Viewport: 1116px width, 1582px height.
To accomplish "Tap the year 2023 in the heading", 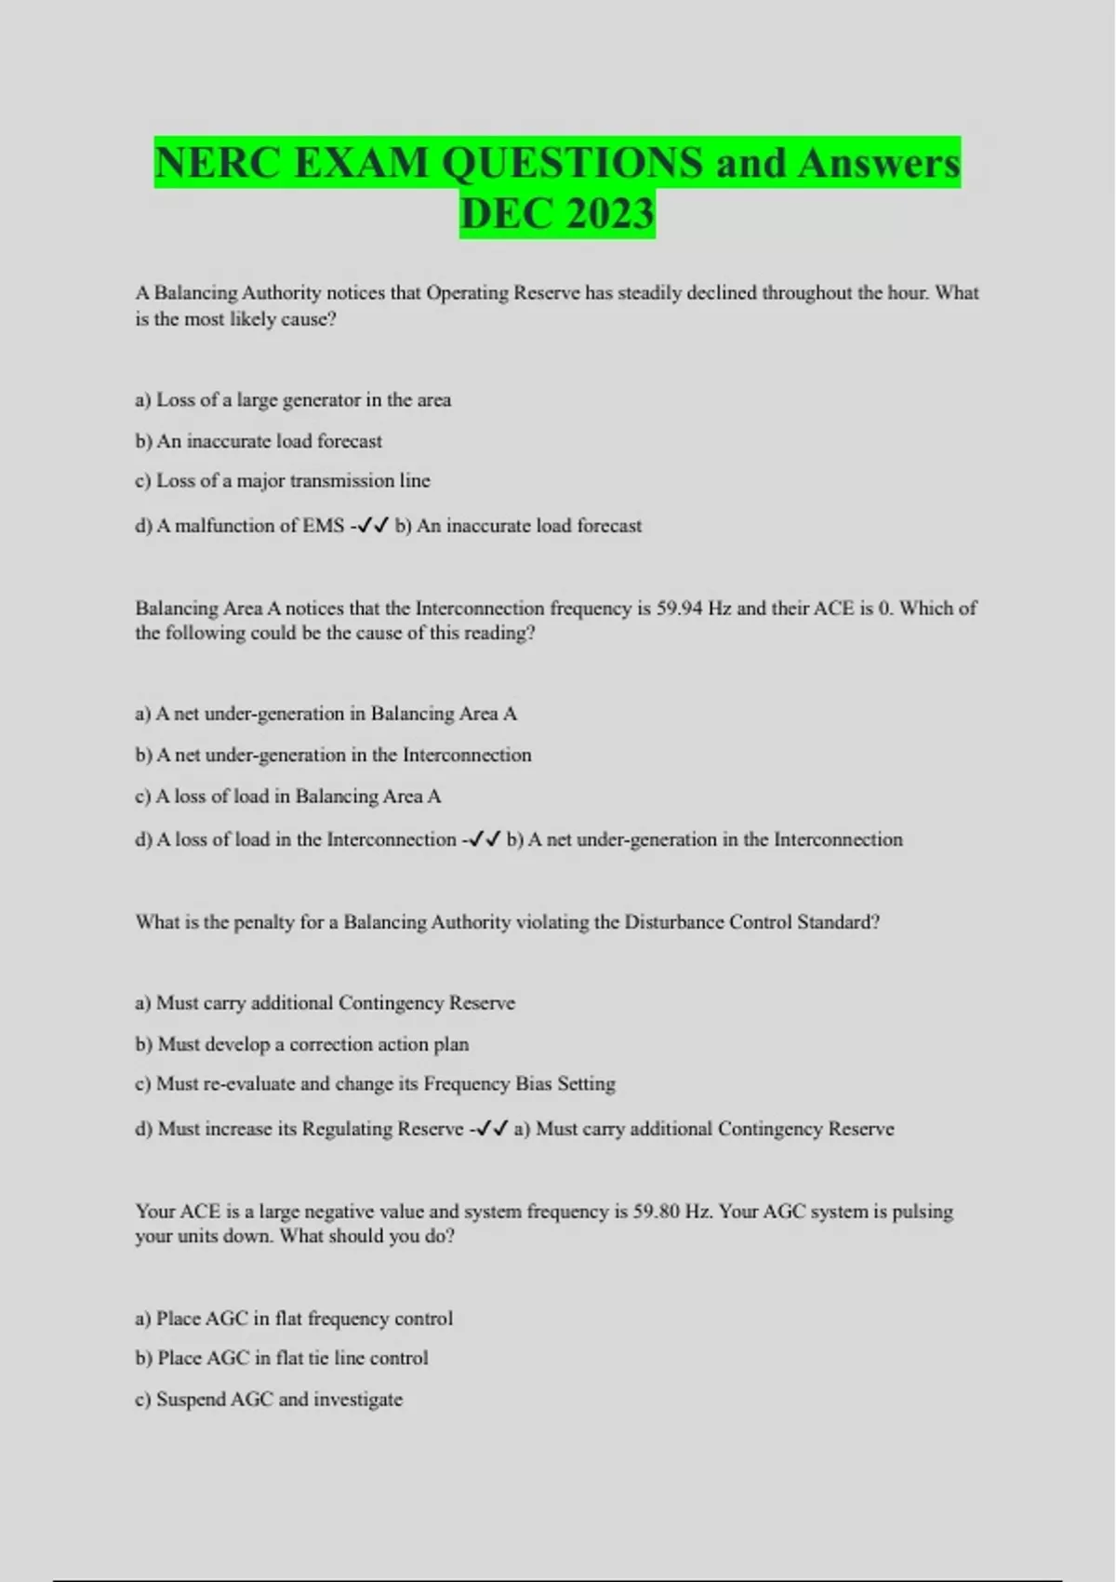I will pos(609,214).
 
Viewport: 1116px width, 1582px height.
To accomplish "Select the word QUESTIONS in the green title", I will pos(572,163).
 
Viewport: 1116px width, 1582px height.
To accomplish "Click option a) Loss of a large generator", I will pos(293,400).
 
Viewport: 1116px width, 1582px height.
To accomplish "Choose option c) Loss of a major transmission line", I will pos(283,481).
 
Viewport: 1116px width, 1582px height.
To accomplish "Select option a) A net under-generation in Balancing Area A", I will pos(325,714).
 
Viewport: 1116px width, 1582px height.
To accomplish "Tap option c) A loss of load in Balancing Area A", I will pos(288,797).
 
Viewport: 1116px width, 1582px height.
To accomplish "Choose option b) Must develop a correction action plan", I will pos(302,1044).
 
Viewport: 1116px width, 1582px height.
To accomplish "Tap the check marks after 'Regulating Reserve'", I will pos(492,1129).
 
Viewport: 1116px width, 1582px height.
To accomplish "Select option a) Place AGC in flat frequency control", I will pos(294,1319).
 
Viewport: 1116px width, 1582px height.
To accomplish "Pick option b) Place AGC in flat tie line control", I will pos(282,1359).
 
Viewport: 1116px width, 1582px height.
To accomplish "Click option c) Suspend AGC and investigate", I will pos(269,1400).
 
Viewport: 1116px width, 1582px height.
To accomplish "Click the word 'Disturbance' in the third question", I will pos(673,922).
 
